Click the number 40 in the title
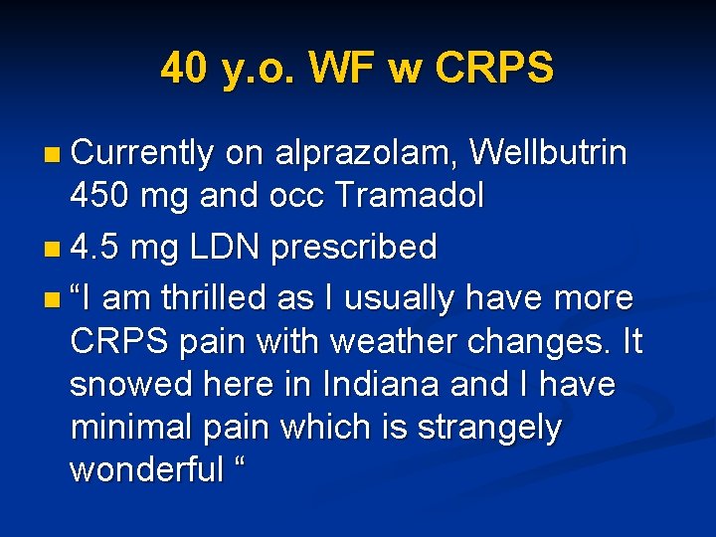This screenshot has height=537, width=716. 184,69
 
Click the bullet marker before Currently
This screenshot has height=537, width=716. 52,155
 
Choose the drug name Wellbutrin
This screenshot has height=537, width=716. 549,153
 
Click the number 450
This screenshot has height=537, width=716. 99,196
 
